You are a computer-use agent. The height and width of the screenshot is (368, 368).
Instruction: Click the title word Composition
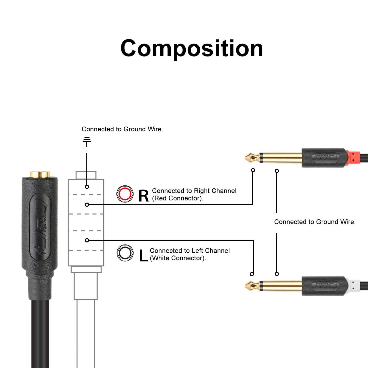[192, 48]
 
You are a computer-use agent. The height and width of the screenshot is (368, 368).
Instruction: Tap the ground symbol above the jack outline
[87, 141]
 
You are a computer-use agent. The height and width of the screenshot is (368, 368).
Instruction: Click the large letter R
[143, 196]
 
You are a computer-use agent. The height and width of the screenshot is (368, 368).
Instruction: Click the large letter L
[143, 256]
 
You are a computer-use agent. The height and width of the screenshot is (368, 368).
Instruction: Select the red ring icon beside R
[125, 194]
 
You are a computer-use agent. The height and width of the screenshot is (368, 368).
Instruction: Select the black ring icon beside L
[125, 253]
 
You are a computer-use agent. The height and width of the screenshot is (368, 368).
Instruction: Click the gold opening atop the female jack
[40, 174]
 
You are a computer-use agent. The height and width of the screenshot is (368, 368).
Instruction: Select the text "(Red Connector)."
[178, 198]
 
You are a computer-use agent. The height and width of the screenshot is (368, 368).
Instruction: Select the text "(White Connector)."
[178, 258]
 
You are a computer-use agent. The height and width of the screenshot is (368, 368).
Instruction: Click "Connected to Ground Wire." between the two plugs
[315, 222]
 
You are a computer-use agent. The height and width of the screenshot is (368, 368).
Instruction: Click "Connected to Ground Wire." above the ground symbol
[122, 129]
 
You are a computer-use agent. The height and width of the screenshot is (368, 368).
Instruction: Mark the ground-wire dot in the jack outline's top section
[87, 187]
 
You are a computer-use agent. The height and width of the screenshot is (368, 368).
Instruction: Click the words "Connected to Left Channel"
[190, 251]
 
